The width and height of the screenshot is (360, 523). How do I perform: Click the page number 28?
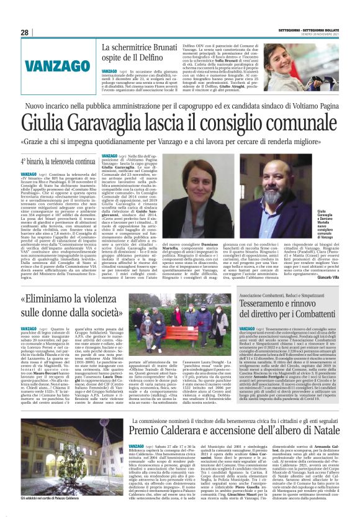click(25, 32)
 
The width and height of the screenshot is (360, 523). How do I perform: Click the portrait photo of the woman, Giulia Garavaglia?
click(228, 205)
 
